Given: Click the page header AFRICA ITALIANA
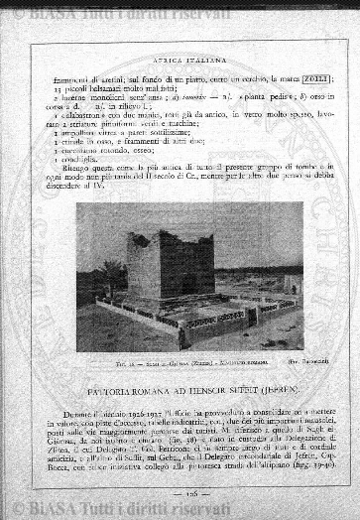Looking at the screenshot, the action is (180, 59).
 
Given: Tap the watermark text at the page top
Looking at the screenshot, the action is (129, 12).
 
